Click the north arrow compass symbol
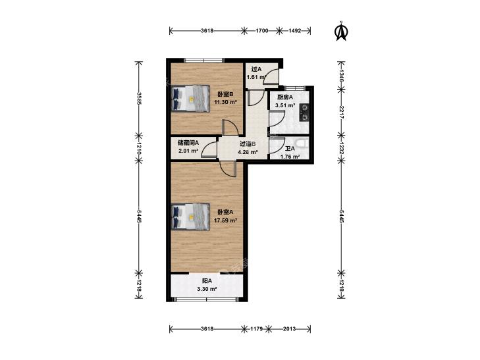click(341, 30)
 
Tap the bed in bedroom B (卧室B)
click(190, 99)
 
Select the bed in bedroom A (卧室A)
click(190, 217)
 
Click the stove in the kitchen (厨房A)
click(304, 113)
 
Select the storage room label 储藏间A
click(188, 143)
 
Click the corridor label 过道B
click(248, 143)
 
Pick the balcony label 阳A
click(207, 281)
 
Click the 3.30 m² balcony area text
click(207, 289)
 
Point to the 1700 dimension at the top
click(262, 30)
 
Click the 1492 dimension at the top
click(295, 30)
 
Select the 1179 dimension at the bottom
click(257, 329)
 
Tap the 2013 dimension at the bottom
click(289, 329)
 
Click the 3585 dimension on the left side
click(139, 99)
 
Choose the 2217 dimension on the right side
click(342, 113)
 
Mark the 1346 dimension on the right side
click(342, 76)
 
